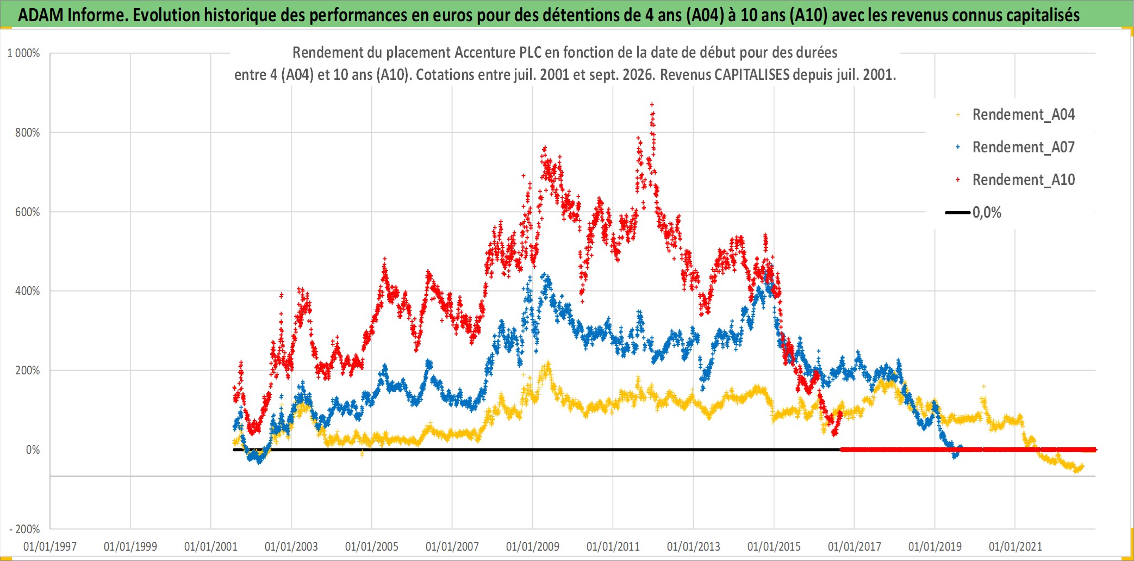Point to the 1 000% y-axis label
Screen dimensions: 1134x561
tap(23, 53)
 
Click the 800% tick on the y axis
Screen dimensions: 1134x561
tap(27, 133)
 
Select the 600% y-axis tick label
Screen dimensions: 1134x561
tap(27, 212)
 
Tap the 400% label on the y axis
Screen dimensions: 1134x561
tap(27, 291)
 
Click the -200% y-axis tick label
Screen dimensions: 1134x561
tap(24, 529)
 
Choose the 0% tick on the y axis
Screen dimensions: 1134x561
tap(33, 450)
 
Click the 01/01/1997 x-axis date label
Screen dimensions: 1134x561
tap(50, 546)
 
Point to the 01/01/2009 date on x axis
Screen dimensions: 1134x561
tap(533, 546)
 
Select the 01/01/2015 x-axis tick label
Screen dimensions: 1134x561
tap(774, 546)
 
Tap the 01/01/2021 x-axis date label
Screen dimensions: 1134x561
tap(1015, 546)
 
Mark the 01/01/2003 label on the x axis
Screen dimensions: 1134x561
tap(291, 546)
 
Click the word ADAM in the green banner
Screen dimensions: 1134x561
tap(41, 15)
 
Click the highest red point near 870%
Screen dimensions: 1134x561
tap(652, 104)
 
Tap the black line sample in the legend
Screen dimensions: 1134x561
tap(958, 212)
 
